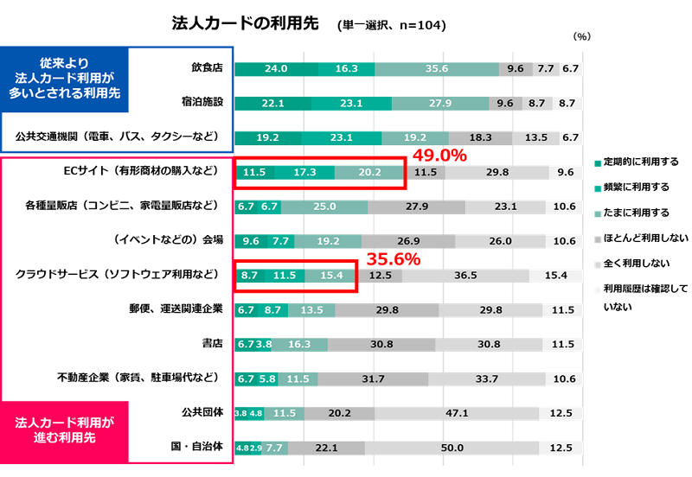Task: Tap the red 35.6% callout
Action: (394, 258)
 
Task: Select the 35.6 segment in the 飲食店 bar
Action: (437, 68)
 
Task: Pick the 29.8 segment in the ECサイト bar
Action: (497, 172)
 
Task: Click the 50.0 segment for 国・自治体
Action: (452, 448)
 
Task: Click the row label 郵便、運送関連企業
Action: (176, 308)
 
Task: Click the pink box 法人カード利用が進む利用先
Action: (65, 429)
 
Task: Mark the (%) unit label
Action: (581, 37)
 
